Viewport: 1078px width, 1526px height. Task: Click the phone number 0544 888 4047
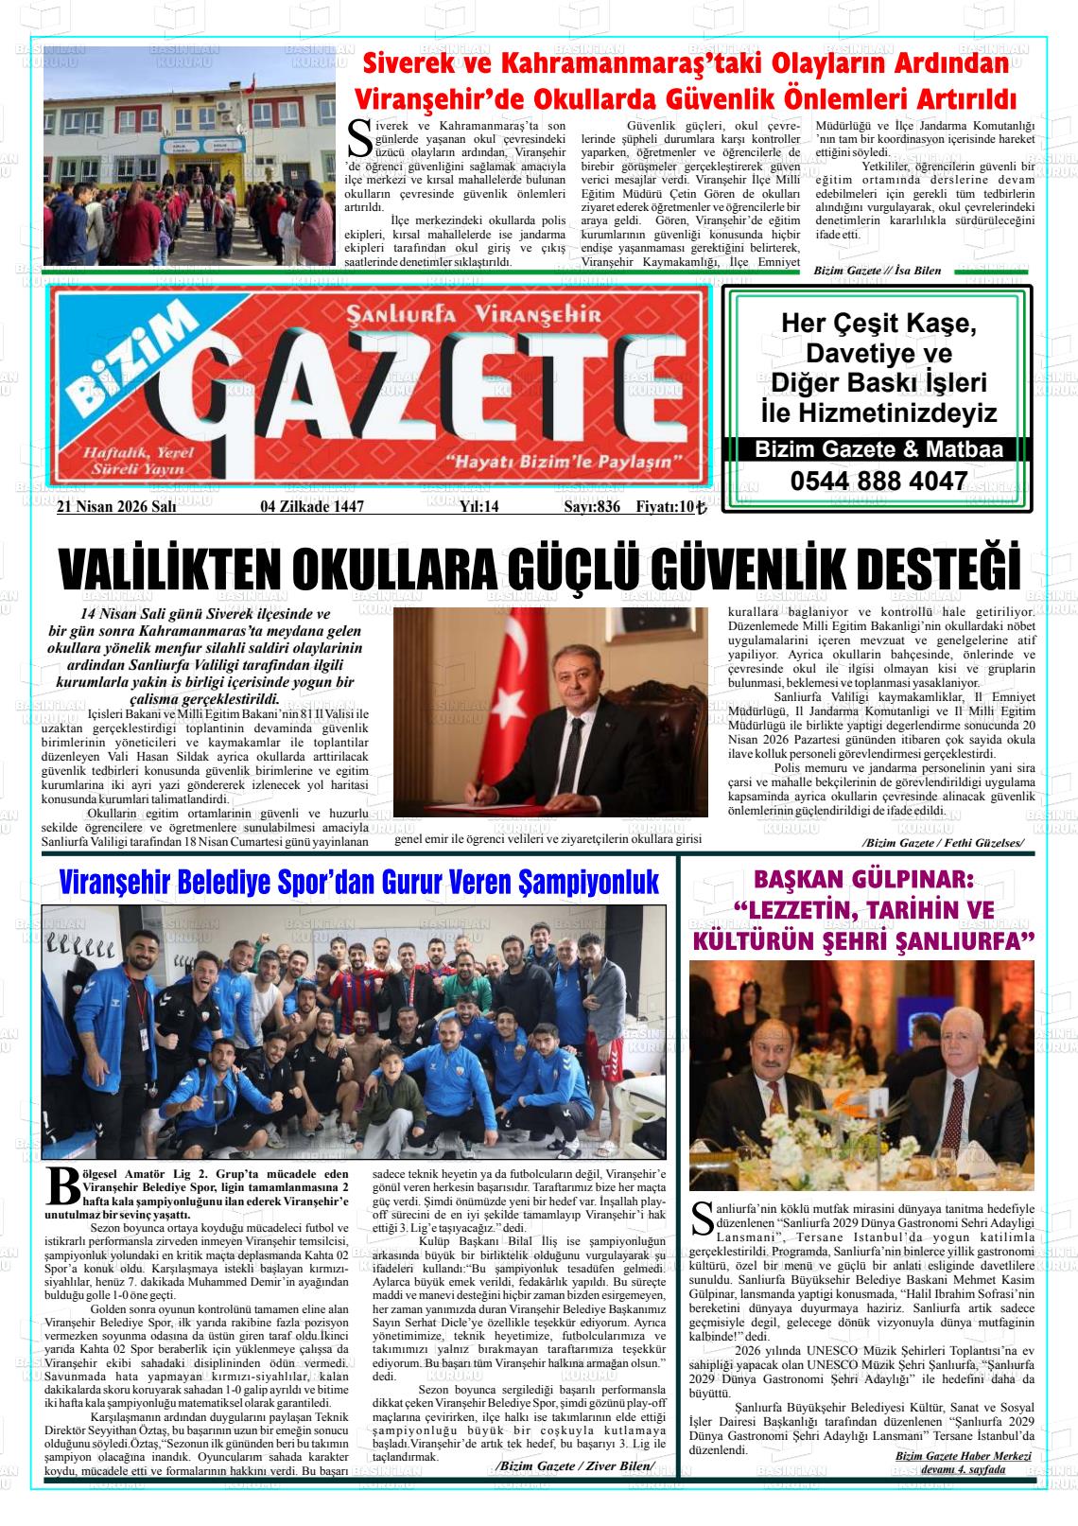click(x=878, y=481)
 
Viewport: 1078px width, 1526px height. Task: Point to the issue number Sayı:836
click(x=591, y=507)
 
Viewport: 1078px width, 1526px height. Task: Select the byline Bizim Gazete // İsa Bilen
click(x=877, y=271)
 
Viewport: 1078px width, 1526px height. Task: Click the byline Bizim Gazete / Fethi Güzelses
click(x=942, y=842)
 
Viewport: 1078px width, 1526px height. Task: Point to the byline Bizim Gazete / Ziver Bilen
click(x=574, y=1465)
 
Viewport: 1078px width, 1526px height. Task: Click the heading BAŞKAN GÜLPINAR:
click(x=863, y=880)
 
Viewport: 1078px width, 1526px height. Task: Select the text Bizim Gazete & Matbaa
click(x=878, y=450)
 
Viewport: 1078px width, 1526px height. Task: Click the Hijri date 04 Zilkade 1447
click(x=312, y=507)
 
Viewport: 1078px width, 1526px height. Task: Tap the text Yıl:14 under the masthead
click(x=478, y=507)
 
